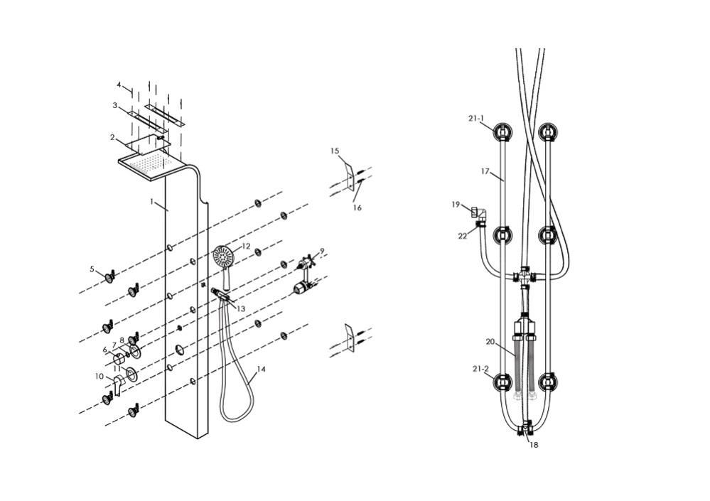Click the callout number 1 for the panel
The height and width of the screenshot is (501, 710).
(151, 202)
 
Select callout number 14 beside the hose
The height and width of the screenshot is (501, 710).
(261, 370)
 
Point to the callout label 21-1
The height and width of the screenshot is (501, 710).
(477, 119)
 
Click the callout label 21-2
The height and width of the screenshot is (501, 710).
(480, 370)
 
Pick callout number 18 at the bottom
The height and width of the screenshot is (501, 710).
(533, 446)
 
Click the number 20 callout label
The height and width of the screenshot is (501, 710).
(490, 342)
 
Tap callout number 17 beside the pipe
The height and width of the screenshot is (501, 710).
(485, 171)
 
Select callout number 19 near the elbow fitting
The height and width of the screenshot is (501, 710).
(456, 205)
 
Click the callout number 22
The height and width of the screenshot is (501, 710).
(463, 236)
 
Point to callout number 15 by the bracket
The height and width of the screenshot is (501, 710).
(335, 151)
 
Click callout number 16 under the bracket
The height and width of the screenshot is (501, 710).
(357, 208)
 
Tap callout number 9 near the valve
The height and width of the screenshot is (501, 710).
(322, 251)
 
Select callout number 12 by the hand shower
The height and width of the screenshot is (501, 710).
(246, 247)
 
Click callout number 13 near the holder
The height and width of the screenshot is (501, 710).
(241, 309)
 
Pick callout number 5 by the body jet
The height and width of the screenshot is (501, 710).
(92, 269)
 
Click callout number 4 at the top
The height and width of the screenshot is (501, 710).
(119, 85)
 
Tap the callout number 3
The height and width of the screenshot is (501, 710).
(114, 106)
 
